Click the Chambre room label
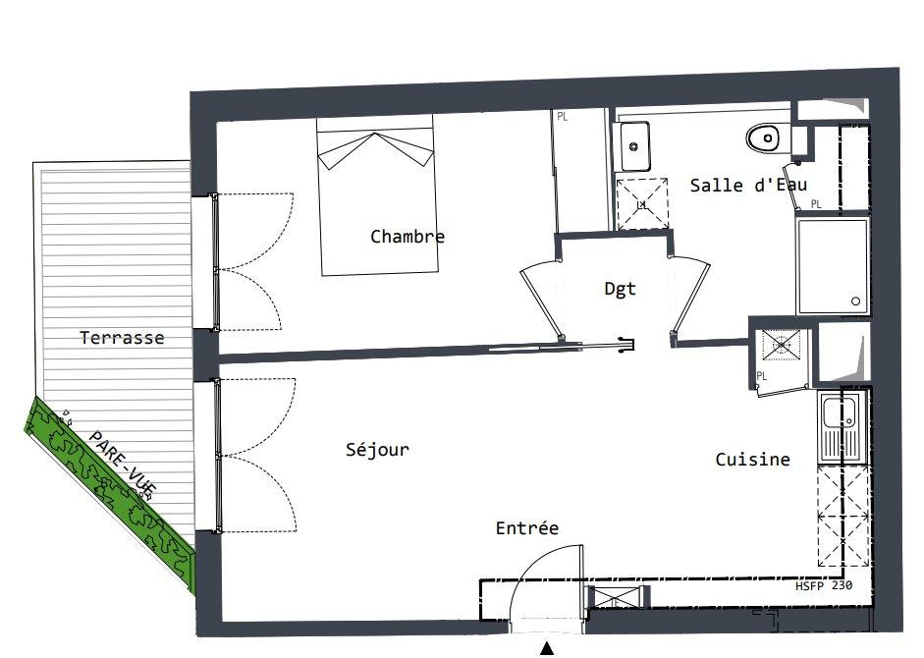pos(408,237)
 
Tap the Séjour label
pos(377,450)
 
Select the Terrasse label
pos(122,338)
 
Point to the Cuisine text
pos(752,460)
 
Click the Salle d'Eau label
pos(748,186)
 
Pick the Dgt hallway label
pos(621,289)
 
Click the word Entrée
pos(527,527)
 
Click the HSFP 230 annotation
pos(824,585)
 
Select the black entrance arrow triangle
pos(548,648)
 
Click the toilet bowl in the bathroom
pos(763,138)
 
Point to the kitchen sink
pos(838,427)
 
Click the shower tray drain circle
pos(855,302)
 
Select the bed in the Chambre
pos(378,195)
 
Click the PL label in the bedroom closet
pos(563,117)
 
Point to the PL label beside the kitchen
pos(761,375)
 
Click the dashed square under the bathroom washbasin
pos(642,204)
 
